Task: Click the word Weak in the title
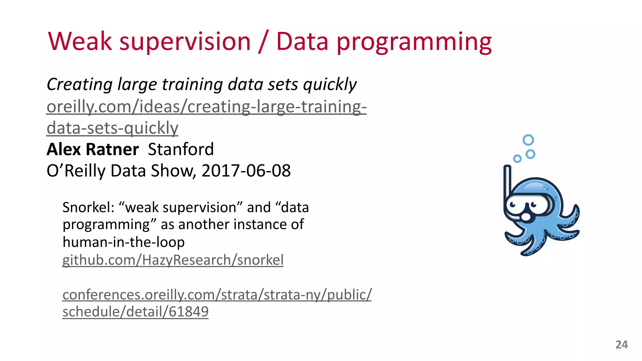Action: click(x=80, y=42)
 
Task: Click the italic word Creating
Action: click(x=80, y=85)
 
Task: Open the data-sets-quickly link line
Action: click(x=112, y=128)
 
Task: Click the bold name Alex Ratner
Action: click(x=92, y=149)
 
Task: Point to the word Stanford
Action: click(x=181, y=149)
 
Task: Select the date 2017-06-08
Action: click(x=246, y=171)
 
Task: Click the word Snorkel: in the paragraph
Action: click(x=88, y=207)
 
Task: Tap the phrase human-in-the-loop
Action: click(x=124, y=242)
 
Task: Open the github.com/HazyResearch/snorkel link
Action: click(x=173, y=260)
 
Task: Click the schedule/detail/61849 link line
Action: click(x=135, y=311)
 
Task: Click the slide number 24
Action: click(x=621, y=345)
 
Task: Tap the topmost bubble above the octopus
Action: click(x=528, y=140)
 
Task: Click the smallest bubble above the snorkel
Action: click(x=517, y=159)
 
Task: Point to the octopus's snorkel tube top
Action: click(x=507, y=167)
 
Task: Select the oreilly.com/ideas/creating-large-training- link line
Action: click(x=206, y=107)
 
